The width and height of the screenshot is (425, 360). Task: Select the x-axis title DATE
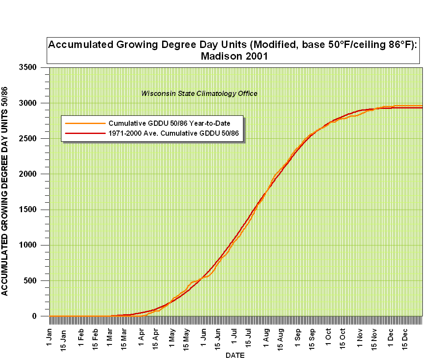[235, 356]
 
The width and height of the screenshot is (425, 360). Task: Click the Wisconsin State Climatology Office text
[199, 93]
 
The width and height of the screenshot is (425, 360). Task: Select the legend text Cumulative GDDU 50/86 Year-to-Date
[169, 123]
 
